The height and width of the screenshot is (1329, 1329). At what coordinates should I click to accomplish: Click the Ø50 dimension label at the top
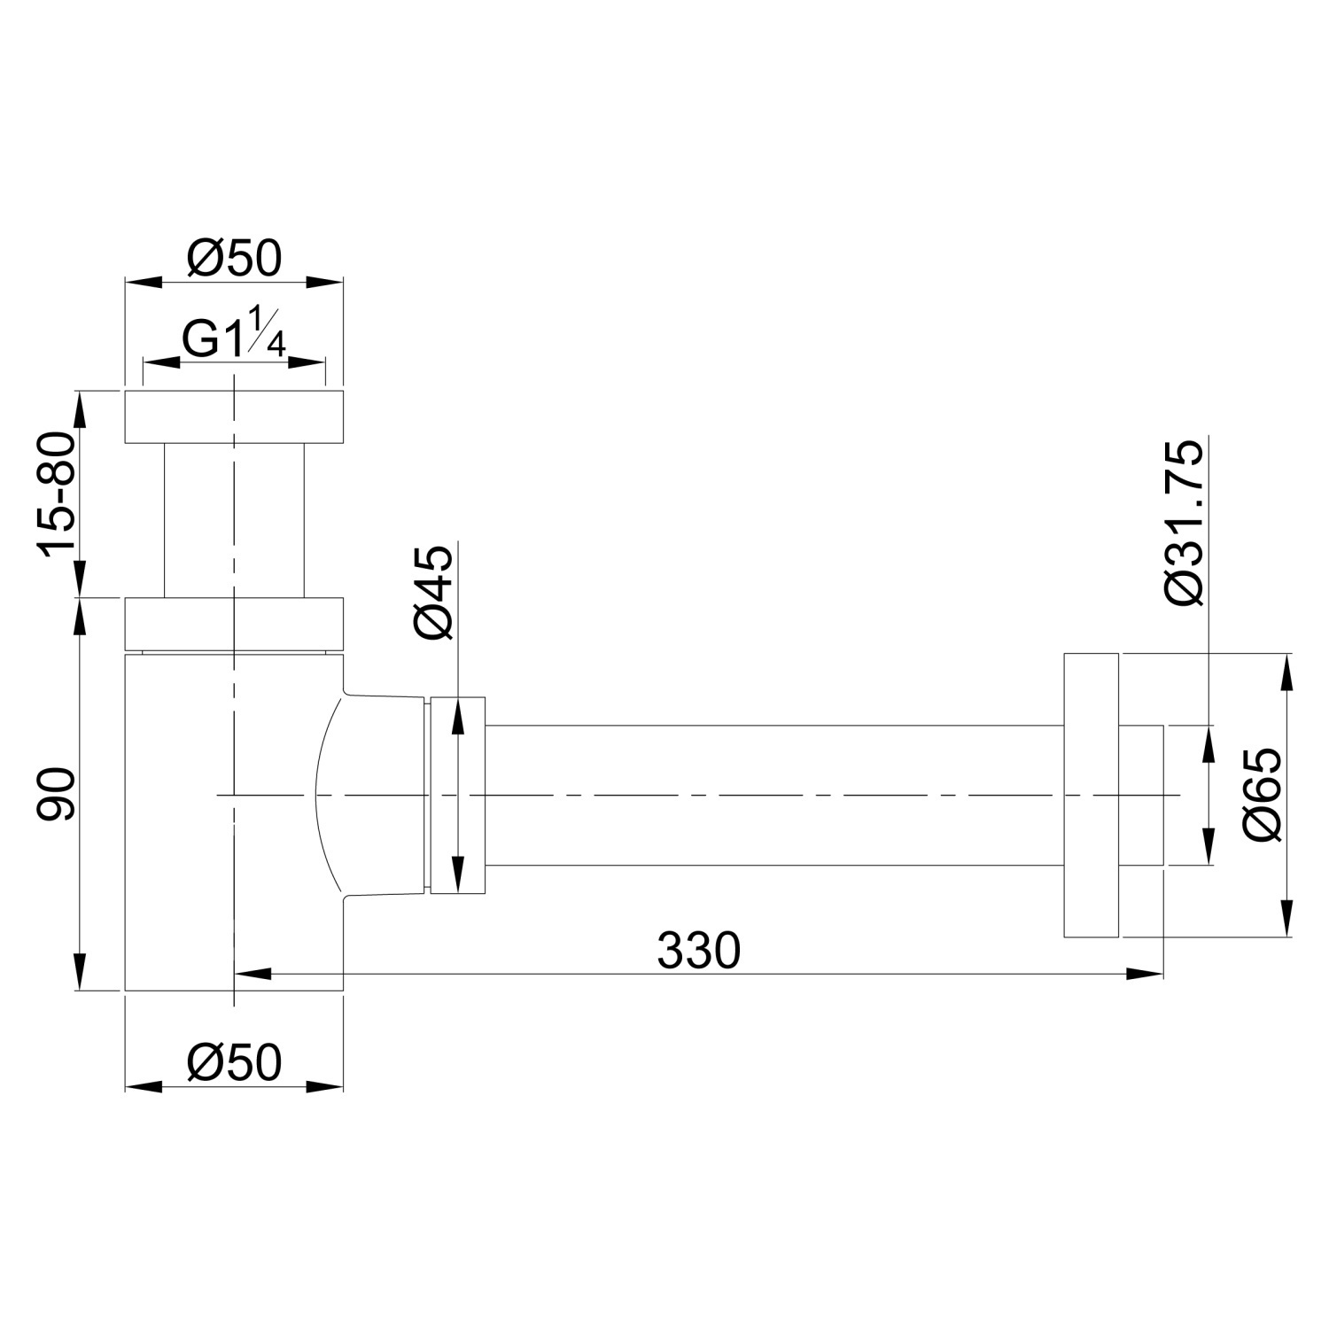234,258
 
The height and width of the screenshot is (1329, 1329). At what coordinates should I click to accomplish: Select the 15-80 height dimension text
56,493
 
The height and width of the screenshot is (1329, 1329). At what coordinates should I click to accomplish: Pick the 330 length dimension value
698,951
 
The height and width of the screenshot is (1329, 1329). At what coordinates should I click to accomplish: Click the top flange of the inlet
234,416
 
